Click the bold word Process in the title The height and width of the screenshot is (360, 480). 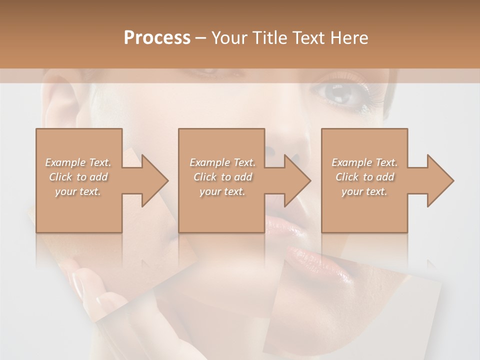[x=157, y=38]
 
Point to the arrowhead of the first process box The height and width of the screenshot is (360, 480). [x=154, y=180]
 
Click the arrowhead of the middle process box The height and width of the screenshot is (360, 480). [x=296, y=180]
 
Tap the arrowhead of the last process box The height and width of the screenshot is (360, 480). [x=440, y=180]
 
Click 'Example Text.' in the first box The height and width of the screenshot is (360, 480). [x=78, y=162]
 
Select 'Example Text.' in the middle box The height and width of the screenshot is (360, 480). [x=222, y=162]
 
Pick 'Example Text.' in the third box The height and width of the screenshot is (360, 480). [x=364, y=162]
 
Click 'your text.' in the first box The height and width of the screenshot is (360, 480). [x=78, y=191]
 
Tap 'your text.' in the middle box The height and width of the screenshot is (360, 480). [x=222, y=191]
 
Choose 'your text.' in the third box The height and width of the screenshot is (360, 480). [x=364, y=191]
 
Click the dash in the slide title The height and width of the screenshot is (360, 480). [x=200, y=38]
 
